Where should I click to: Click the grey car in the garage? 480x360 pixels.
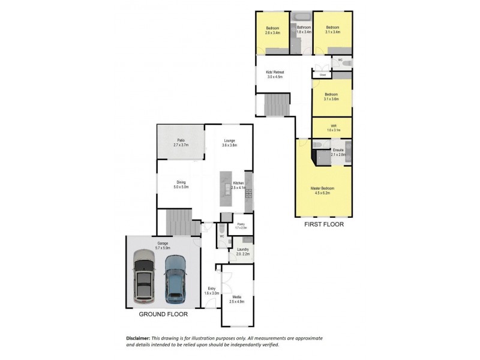click(143, 277)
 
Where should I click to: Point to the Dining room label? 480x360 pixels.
click(181, 185)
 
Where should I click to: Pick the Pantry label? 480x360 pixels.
click(240, 226)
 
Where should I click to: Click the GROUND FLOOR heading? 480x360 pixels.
click(163, 314)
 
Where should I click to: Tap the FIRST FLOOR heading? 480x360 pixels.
click(323, 224)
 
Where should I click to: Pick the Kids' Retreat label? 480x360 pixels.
click(275, 74)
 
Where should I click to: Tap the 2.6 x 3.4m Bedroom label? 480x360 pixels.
click(272, 30)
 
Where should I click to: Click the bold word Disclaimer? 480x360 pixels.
click(139, 338)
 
